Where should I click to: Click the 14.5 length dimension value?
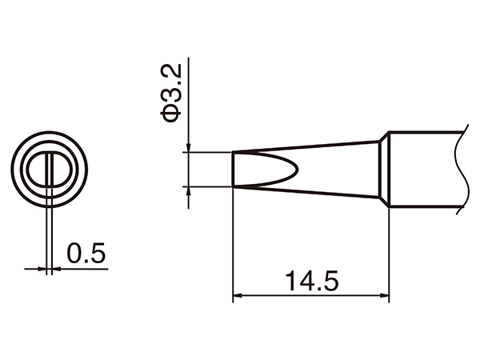point(310,281)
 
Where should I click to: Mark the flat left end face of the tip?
point(233,169)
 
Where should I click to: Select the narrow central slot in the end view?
point(50,170)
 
